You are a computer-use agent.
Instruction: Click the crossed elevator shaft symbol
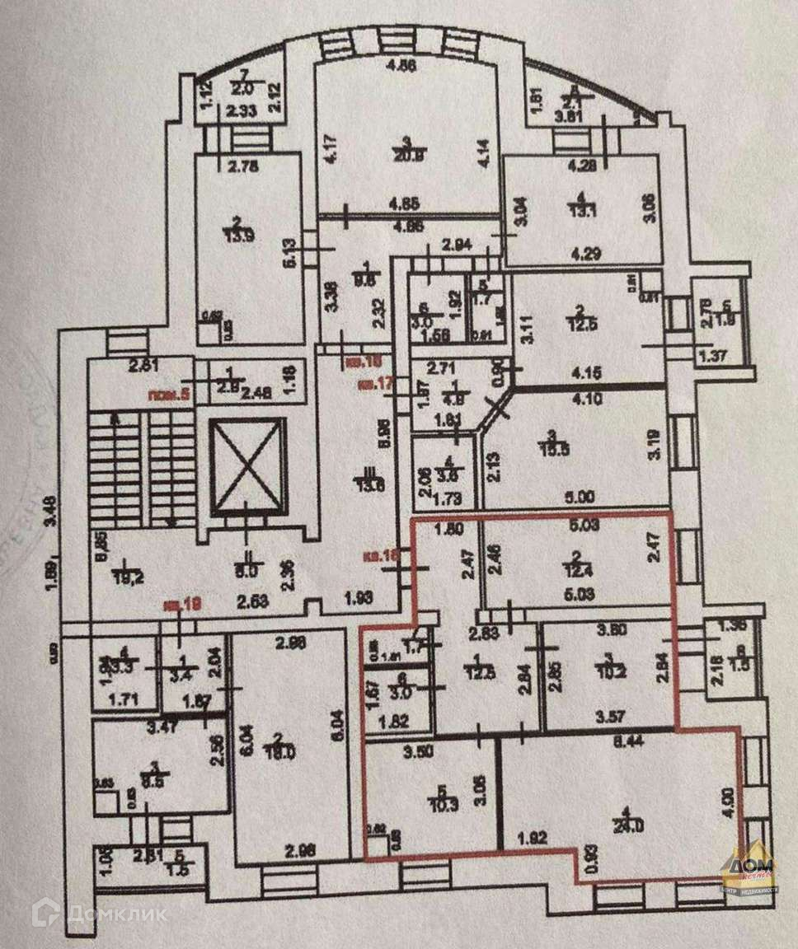coord(247,466)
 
